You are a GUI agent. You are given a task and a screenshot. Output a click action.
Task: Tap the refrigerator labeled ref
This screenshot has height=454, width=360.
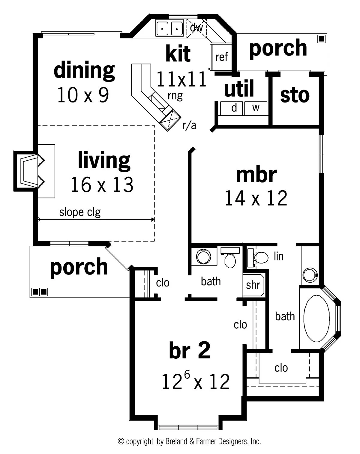pyautogui.click(x=221, y=57)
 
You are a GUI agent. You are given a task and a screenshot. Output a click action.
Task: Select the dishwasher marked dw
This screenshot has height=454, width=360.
pyautogui.click(x=196, y=28)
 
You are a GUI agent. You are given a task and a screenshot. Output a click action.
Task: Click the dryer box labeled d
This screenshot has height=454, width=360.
pyautogui.click(x=234, y=108)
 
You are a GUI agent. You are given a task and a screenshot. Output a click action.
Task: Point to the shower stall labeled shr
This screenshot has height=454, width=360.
pyautogui.click(x=253, y=285)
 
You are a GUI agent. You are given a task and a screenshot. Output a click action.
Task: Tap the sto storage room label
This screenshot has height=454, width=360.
pyautogui.click(x=295, y=95)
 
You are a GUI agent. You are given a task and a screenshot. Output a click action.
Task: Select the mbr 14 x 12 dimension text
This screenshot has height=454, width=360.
pyautogui.click(x=256, y=198)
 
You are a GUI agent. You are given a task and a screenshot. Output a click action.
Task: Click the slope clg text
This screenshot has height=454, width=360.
pyautogui.click(x=80, y=212)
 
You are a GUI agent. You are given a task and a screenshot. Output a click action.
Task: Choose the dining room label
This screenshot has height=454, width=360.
pyautogui.click(x=84, y=70)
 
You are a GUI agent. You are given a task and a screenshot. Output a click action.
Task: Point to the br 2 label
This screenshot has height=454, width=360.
pyautogui.click(x=190, y=350)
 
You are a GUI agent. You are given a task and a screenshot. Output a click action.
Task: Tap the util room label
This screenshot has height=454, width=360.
pyautogui.click(x=239, y=89)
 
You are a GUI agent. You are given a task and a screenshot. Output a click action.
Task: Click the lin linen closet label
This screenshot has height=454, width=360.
pyautogui.click(x=278, y=256)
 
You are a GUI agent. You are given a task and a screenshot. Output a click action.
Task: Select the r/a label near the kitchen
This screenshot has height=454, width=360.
pyautogui.click(x=189, y=126)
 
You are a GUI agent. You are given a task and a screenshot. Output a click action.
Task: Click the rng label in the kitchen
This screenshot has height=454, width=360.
pyautogui.click(x=175, y=96)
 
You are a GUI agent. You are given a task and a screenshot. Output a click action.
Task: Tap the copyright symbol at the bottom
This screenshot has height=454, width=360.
pyautogui.click(x=121, y=441)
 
